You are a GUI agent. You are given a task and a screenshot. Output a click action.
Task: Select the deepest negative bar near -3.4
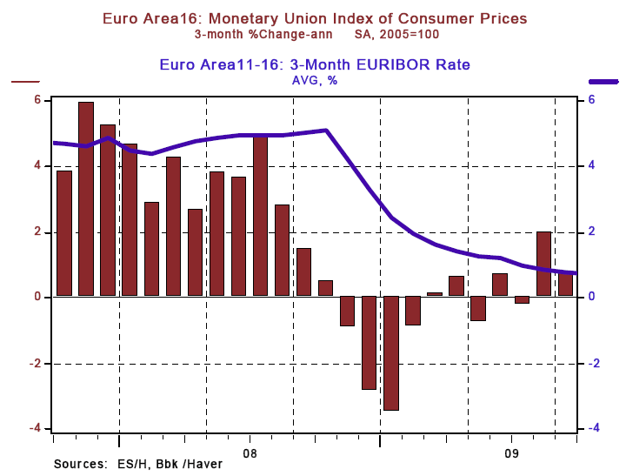pyautogui.click(x=391, y=352)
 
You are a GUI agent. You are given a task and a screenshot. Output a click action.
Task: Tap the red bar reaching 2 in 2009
pyautogui.click(x=543, y=264)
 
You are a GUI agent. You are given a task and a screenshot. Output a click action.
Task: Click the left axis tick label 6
pyautogui.click(x=38, y=99)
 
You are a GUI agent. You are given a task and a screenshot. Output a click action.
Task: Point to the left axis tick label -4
pyautogui.click(x=36, y=428)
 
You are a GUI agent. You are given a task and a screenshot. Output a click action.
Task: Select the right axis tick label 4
pyautogui.click(x=591, y=165)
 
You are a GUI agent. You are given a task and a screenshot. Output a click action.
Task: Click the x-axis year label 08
pyautogui.click(x=250, y=453)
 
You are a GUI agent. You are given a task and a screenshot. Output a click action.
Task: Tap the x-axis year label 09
pyautogui.click(x=512, y=453)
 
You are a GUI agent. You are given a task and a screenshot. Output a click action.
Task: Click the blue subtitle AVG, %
pyautogui.click(x=314, y=80)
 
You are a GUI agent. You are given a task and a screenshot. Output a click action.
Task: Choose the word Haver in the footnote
pyautogui.click(x=205, y=465)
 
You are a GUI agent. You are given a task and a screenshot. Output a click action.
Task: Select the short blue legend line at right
pyautogui.click(x=603, y=81)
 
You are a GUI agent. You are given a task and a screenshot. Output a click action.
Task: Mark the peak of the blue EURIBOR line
pyautogui.click(x=325, y=131)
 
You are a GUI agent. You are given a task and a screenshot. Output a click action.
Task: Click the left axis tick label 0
pyautogui.click(x=38, y=297)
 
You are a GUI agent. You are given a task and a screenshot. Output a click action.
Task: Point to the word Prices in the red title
pyautogui.click(x=502, y=17)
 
